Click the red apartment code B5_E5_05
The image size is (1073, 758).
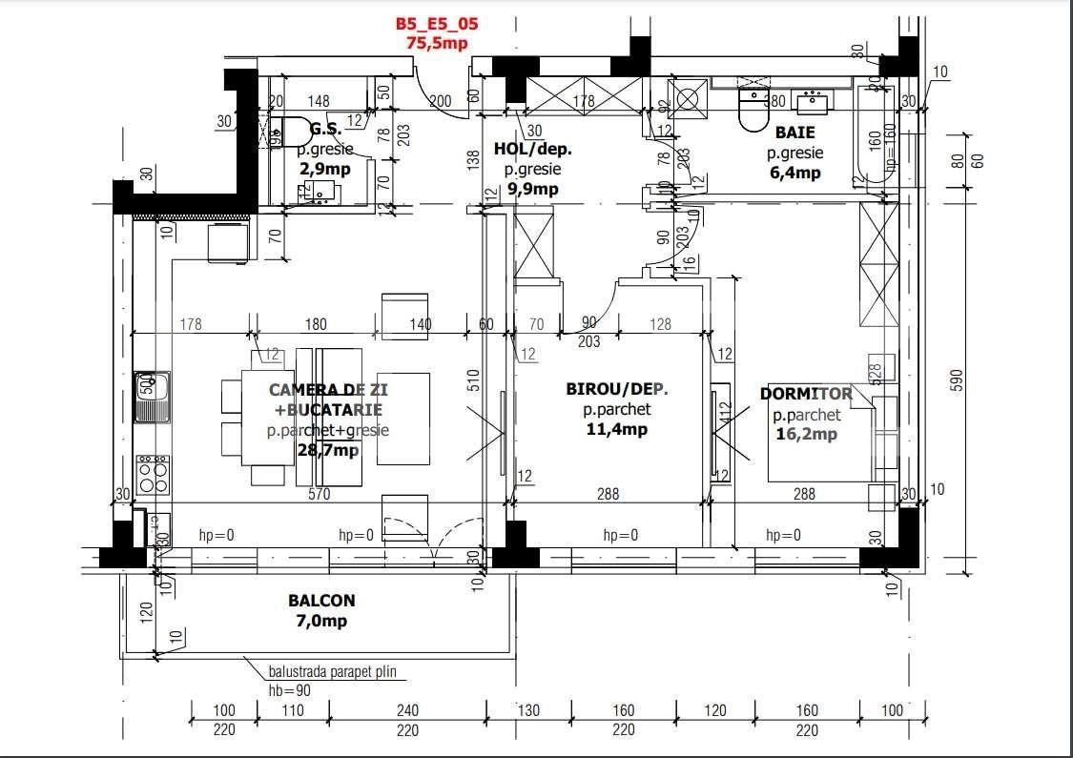[x=437, y=25]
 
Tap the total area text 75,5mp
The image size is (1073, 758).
[x=437, y=42]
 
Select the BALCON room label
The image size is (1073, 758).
[x=321, y=601]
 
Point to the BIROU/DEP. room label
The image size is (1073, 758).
[x=617, y=390]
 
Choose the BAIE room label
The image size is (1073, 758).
[x=794, y=133]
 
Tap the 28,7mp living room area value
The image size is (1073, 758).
[x=328, y=449]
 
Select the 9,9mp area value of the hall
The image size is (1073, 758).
[x=532, y=189]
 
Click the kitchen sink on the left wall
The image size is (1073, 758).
[x=153, y=396]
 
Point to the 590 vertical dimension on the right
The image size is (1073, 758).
[x=960, y=379]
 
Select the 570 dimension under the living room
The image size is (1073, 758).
[x=319, y=494]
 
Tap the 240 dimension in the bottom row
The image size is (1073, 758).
[x=407, y=710]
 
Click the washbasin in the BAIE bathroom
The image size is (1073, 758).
[x=813, y=99]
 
